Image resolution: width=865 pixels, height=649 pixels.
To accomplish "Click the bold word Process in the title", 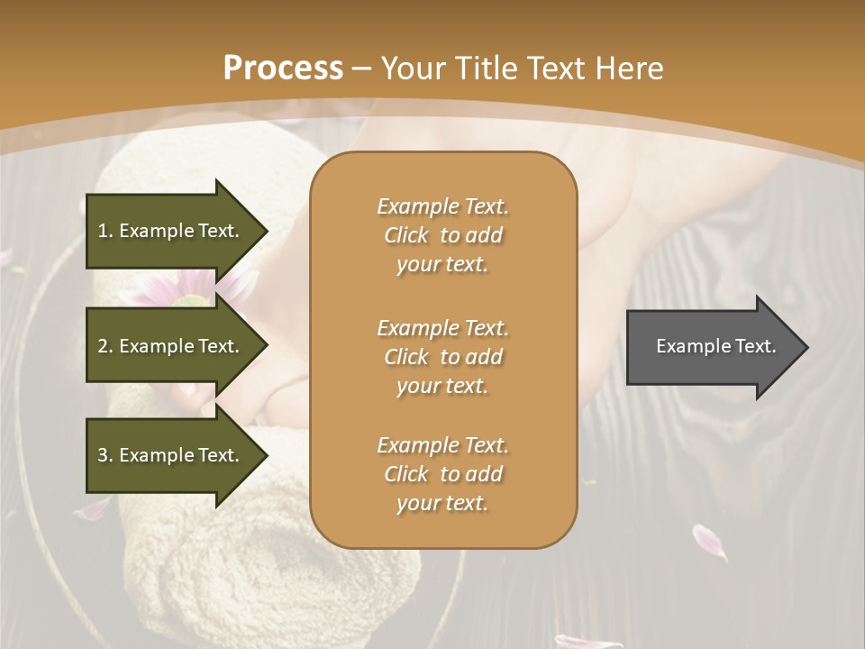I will pyautogui.click(x=283, y=69).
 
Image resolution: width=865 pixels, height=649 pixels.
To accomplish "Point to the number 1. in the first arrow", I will pyautogui.click(x=105, y=231).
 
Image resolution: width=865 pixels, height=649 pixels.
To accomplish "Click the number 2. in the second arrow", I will pyautogui.click(x=105, y=346).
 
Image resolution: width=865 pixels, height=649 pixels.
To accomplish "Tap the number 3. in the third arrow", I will pyautogui.click(x=105, y=455).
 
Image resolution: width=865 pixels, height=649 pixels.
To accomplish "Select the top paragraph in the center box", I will pyautogui.click(x=442, y=235).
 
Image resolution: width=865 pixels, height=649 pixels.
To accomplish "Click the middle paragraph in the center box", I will pyautogui.click(x=442, y=357).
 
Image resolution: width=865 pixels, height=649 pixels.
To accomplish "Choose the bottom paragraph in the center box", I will pyautogui.click(x=442, y=474).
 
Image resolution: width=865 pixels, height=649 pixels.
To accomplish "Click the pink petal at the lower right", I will pyautogui.click(x=708, y=542).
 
